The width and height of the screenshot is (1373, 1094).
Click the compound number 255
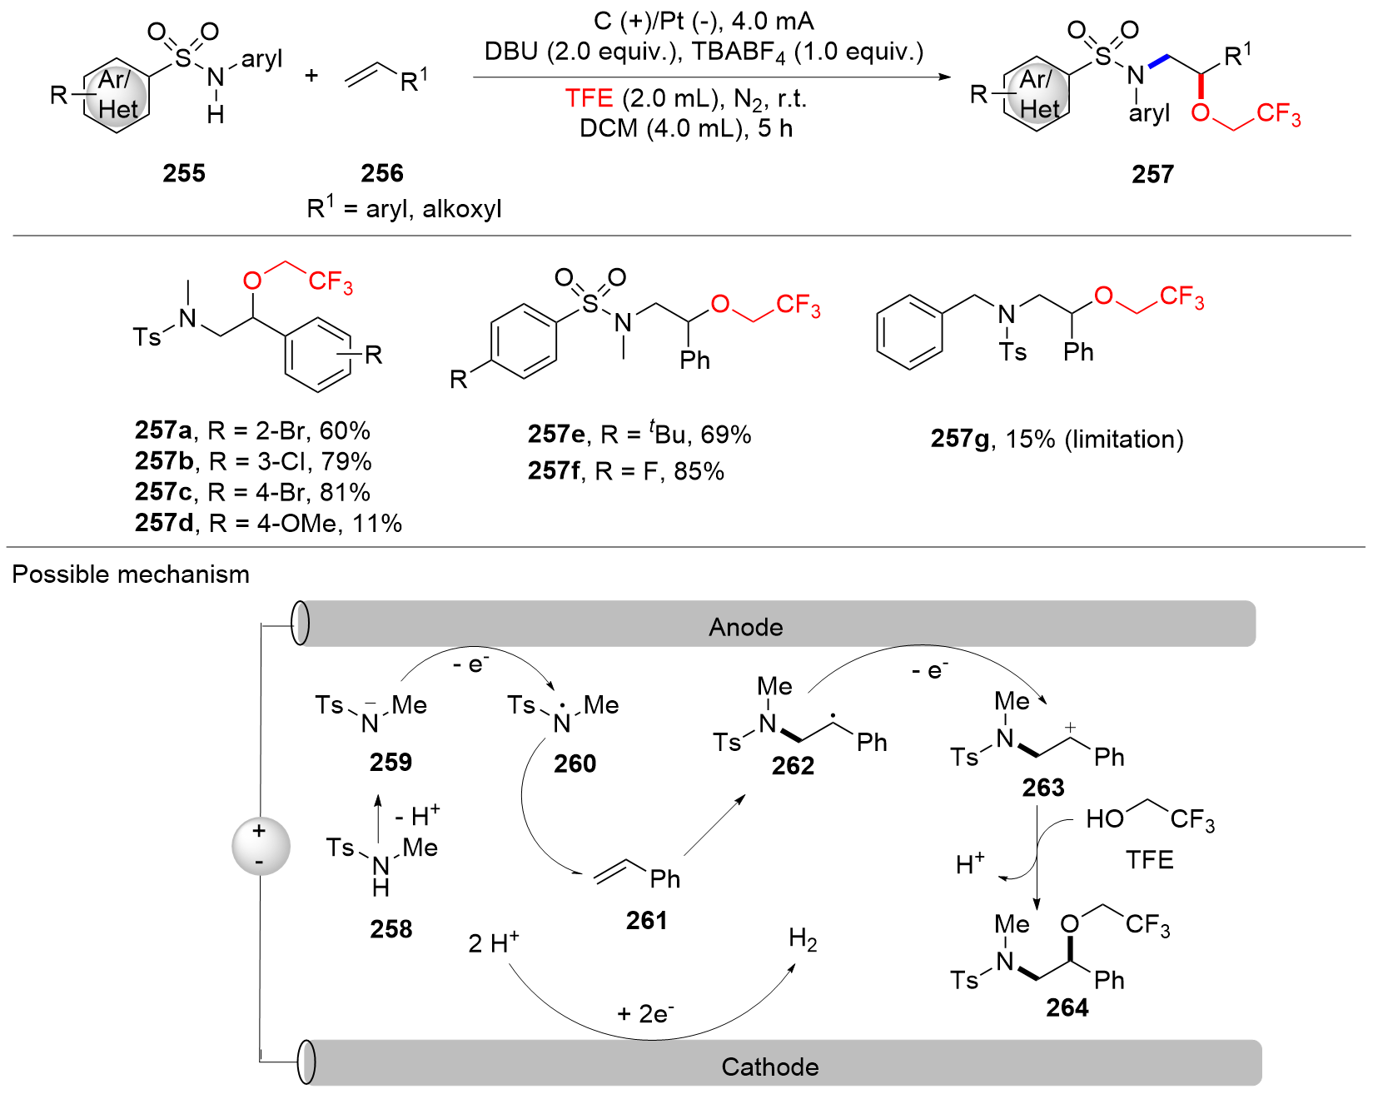(184, 173)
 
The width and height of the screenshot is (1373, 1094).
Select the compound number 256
(382, 173)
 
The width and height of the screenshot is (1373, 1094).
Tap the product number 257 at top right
(1152, 174)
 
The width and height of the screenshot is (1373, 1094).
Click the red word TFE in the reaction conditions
(589, 98)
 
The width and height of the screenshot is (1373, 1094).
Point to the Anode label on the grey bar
(746, 627)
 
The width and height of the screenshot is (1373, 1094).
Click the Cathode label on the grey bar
(770, 1067)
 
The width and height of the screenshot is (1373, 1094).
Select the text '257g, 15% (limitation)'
(1057, 439)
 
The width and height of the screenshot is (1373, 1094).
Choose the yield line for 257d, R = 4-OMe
(268, 523)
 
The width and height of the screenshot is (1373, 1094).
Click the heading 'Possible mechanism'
(131, 574)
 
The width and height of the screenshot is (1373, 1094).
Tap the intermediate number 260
(575, 763)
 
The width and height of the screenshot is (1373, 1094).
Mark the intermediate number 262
(793, 766)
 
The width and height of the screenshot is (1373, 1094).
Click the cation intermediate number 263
(1043, 788)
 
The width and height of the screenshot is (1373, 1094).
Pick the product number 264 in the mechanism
(1067, 1008)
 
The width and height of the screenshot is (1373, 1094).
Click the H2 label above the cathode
(803, 941)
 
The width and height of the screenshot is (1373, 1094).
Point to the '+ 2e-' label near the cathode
(645, 1013)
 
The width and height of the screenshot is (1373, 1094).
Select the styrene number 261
(647, 920)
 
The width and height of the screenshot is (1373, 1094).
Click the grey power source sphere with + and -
(261, 846)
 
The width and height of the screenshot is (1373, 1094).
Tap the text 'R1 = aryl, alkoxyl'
(404, 208)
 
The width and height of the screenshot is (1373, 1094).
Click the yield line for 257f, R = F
(625, 471)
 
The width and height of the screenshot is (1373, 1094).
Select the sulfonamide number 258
(391, 928)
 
